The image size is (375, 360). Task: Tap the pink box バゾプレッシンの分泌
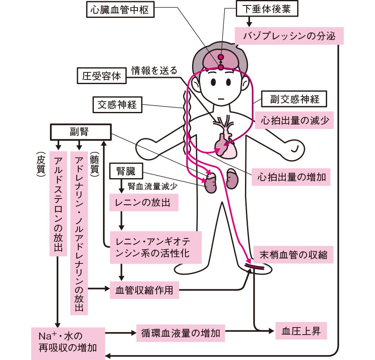289,36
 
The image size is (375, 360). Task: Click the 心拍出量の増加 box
292,178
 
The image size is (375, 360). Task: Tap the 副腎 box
81,132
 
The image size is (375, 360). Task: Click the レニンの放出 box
140,203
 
